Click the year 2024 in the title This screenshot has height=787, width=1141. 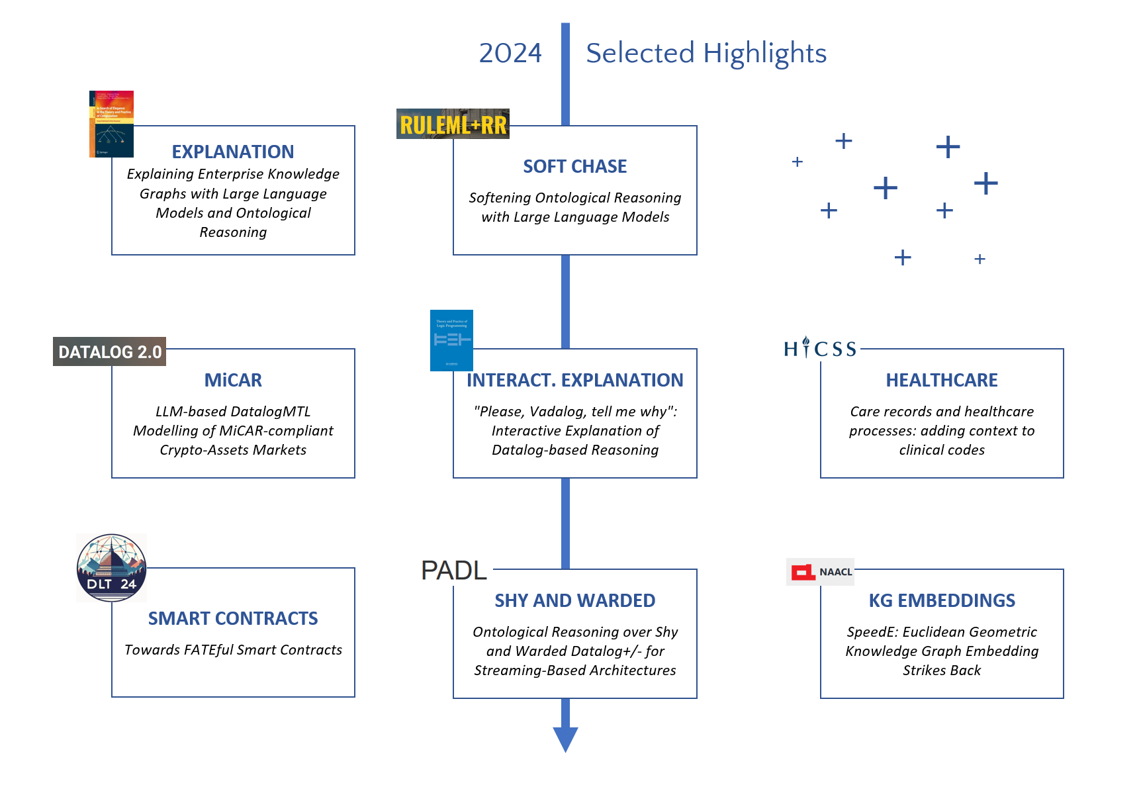coord(510,53)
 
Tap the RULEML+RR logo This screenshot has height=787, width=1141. coord(453,124)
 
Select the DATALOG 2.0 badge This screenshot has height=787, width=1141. coord(110,351)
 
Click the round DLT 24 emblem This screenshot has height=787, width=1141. coord(111,568)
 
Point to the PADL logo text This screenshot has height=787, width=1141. coord(454,571)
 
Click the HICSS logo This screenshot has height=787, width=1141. coord(820,348)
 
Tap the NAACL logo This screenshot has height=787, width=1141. coord(820,572)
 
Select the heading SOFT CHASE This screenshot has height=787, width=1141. coord(574,167)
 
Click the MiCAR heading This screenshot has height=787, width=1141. coord(233,381)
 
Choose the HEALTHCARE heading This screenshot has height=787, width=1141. coord(941,381)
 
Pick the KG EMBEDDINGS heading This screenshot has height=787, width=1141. coord(941,601)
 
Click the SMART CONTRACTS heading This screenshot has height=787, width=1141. coord(233,619)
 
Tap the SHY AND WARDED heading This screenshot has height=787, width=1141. coord(574,601)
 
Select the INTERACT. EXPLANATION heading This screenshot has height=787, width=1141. coord(574,381)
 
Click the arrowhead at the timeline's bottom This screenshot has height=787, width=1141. coord(565,738)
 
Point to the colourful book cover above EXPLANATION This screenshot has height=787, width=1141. coord(111,124)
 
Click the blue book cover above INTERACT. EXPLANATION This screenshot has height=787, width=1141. coord(451,340)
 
